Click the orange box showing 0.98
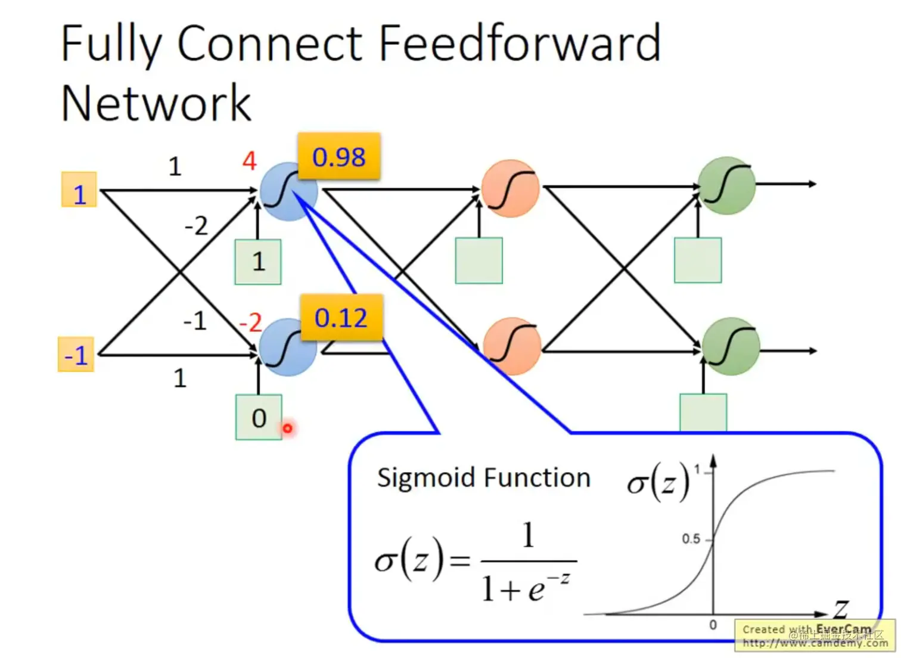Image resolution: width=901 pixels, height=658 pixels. click(x=338, y=157)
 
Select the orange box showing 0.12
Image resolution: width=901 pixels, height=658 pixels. click(x=341, y=318)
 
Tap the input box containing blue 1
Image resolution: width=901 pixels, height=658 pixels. click(x=79, y=190)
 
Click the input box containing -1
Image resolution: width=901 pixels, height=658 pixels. click(x=76, y=355)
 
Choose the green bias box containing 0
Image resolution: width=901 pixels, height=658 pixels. click(x=259, y=418)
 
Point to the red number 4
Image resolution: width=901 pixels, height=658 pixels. click(x=249, y=160)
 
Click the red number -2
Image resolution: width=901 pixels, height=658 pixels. click(x=250, y=323)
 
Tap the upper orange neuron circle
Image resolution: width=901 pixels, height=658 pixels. click(x=510, y=188)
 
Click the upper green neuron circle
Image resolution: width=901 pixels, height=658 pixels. click(x=727, y=185)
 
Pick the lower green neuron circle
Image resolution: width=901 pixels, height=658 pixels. click(x=731, y=347)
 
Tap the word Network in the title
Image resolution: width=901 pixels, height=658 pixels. click(x=156, y=103)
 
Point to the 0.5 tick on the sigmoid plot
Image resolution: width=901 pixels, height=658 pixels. click(x=691, y=539)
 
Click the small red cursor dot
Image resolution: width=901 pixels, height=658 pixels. click(x=288, y=428)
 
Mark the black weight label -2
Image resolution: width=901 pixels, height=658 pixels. click(x=196, y=226)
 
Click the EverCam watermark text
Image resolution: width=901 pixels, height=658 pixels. click(x=843, y=629)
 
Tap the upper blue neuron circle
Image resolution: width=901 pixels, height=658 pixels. click(x=288, y=191)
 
